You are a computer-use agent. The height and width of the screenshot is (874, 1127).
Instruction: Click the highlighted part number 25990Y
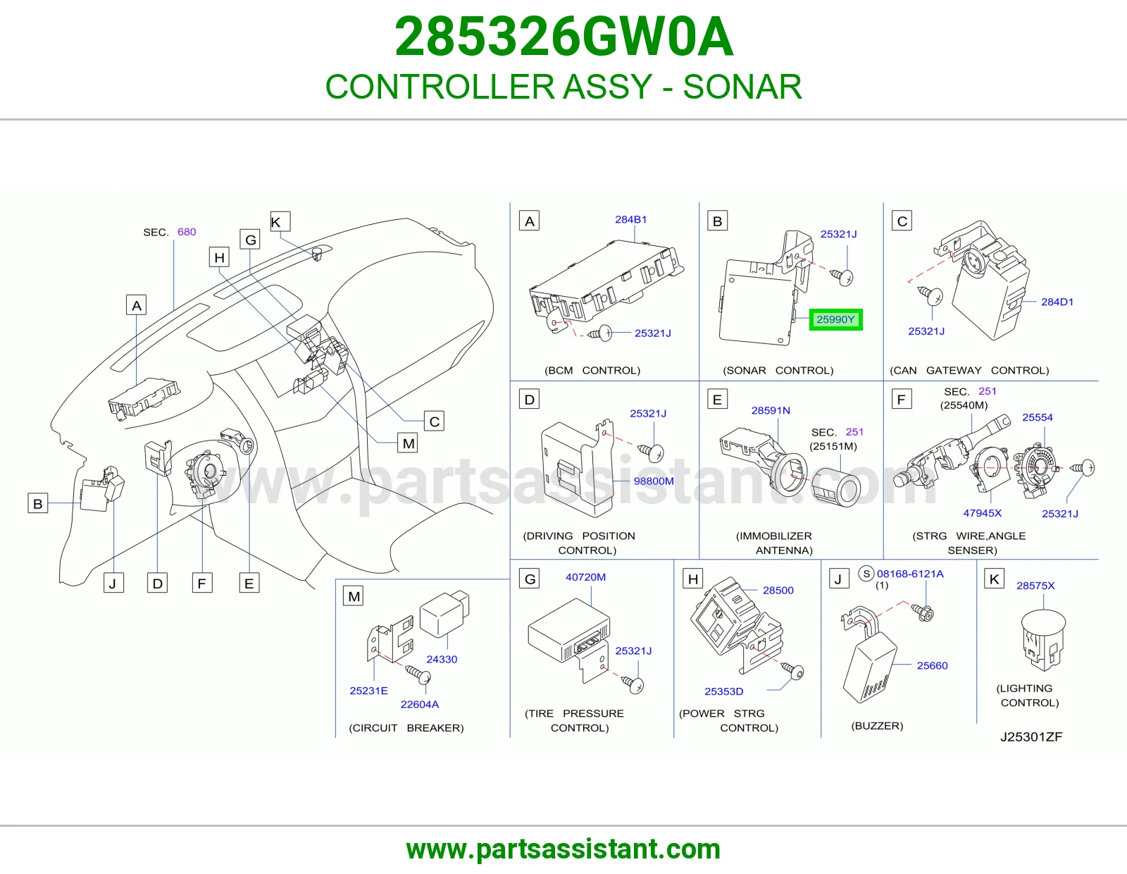(835, 319)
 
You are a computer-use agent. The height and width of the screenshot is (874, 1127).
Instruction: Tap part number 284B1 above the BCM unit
(630, 219)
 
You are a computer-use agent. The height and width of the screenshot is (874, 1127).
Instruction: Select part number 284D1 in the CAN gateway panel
(1057, 302)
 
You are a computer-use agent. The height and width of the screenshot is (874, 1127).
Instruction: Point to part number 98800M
(654, 481)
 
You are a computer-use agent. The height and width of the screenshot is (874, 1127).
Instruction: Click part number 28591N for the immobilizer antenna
(771, 410)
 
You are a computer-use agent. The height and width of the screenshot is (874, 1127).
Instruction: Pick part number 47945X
(983, 513)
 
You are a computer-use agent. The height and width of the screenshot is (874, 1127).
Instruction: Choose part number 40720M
(585, 577)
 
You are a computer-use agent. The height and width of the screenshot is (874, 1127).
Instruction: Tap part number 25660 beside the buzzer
(932, 665)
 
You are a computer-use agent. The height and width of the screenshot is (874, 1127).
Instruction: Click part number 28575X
(1035, 586)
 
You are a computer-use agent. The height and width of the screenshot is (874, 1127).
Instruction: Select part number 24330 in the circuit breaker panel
(442, 659)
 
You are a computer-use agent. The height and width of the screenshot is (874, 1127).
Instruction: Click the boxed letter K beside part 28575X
(995, 579)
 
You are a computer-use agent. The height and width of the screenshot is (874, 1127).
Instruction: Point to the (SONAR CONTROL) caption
(778, 370)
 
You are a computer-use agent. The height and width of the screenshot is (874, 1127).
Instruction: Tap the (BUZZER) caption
(877, 725)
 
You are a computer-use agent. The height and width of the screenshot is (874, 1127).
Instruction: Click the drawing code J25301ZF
(1031, 737)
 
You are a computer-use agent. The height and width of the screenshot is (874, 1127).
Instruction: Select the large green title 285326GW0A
(563, 37)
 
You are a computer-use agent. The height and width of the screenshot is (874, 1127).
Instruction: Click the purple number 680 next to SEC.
(187, 231)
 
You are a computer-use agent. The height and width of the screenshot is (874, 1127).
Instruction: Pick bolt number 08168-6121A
(910, 574)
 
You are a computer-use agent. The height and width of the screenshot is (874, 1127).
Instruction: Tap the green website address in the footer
(563, 849)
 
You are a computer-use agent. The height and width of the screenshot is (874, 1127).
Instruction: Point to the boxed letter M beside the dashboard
(408, 443)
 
